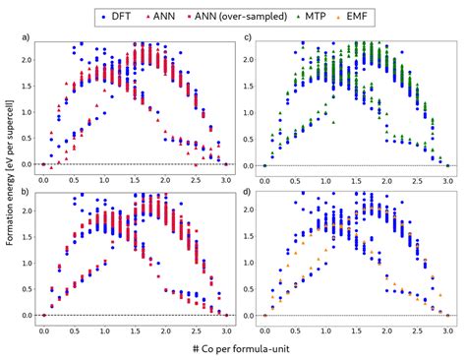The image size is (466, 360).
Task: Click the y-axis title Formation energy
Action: click(x=9, y=182)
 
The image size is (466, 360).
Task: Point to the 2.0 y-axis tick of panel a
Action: click(x=26, y=59)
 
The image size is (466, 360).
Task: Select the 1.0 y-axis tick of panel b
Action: click(x=26, y=263)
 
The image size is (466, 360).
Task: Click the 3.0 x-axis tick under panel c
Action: click(x=447, y=180)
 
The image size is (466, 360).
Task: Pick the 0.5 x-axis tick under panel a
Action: click(x=74, y=180)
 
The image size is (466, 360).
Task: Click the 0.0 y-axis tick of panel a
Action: click(x=26, y=164)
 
